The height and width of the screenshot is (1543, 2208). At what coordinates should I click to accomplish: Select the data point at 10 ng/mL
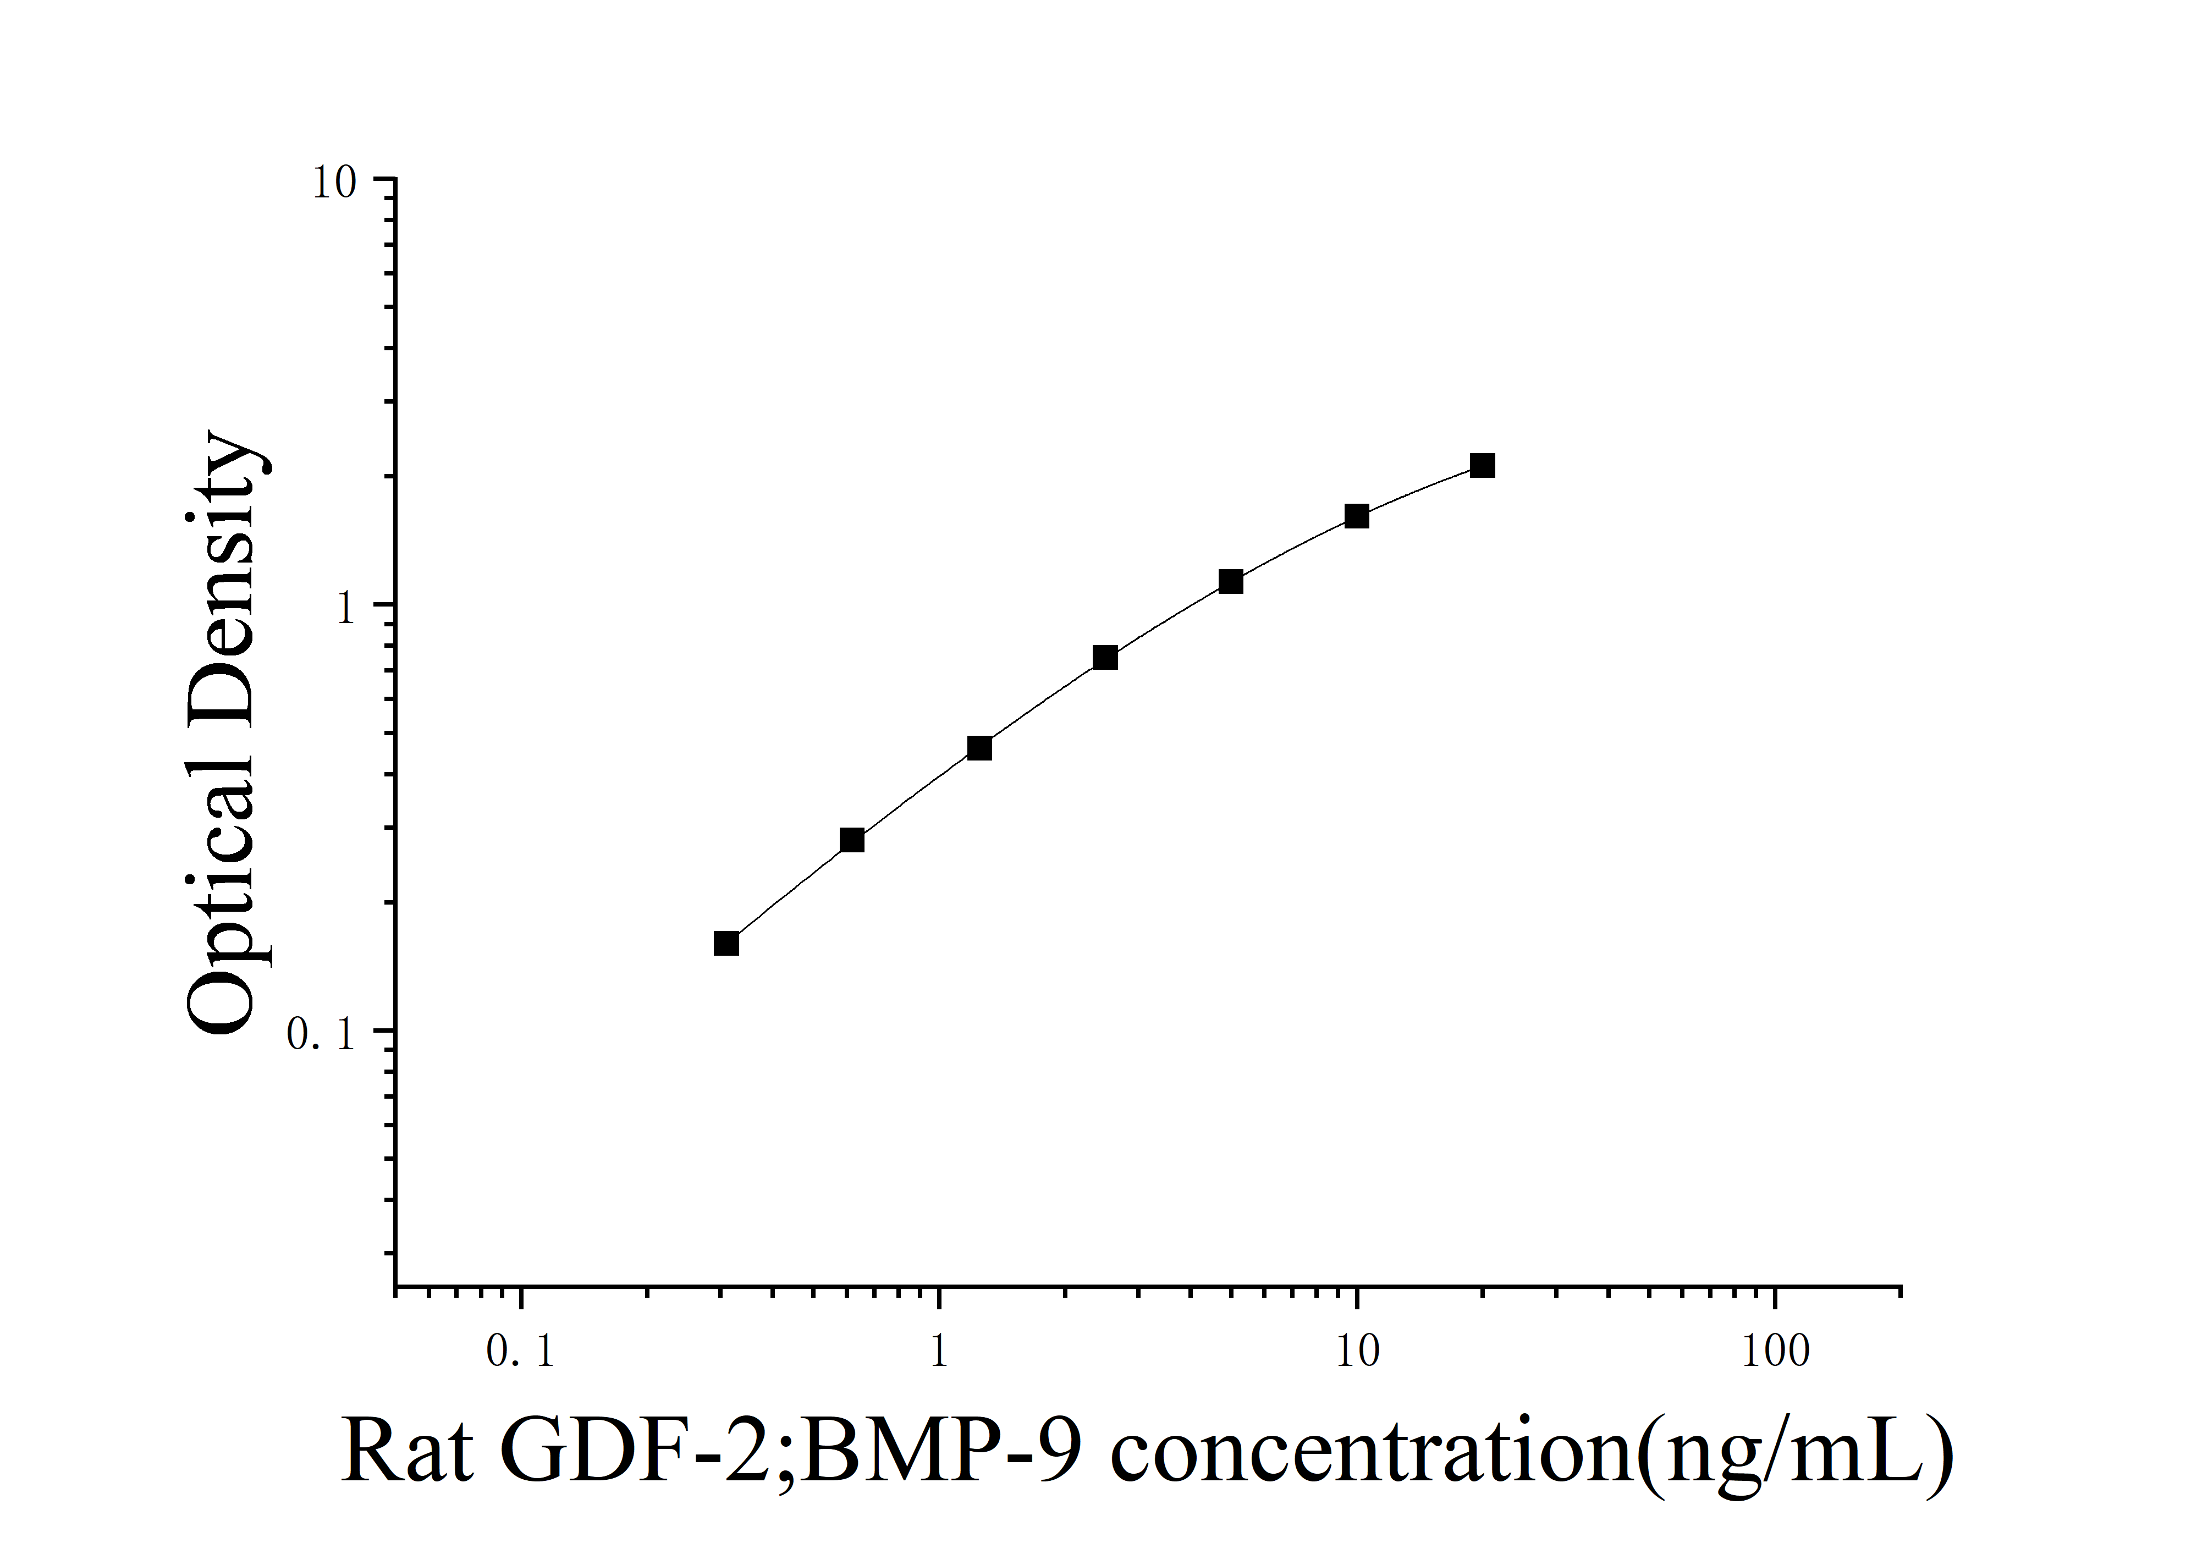click(1356, 516)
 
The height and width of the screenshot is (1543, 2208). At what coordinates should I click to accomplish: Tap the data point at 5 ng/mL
click(1231, 582)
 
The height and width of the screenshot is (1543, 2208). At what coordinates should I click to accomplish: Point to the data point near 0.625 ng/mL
click(852, 840)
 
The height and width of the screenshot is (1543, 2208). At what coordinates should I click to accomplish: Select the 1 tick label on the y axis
click(346, 608)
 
